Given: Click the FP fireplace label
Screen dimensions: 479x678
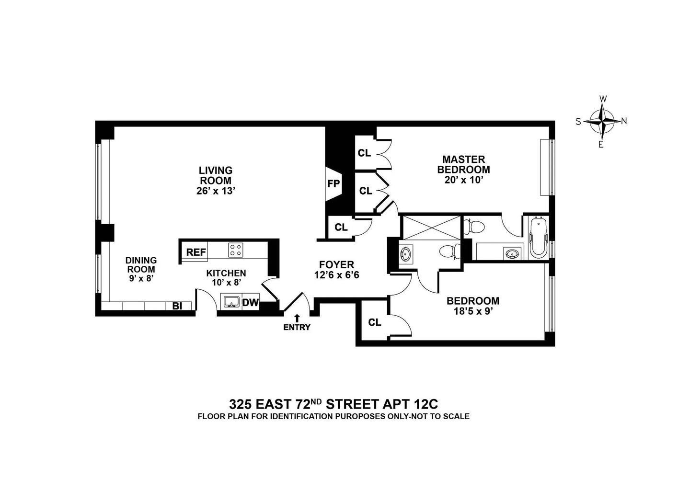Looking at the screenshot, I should (x=333, y=184).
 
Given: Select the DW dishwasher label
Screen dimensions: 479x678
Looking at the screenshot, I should (x=250, y=303).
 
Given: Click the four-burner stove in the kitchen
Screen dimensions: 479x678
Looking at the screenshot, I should (x=235, y=250).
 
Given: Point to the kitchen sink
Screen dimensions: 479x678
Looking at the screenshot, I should (x=232, y=302).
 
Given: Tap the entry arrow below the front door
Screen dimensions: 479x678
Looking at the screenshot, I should (x=297, y=318).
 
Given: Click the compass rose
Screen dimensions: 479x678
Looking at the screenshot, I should (x=602, y=121).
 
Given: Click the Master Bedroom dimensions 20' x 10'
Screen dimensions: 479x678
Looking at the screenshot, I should (x=463, y=180).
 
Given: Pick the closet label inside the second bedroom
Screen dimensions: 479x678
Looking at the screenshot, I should (x=375, y=322).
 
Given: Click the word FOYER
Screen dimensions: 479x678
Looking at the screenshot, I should (x=336, y=264).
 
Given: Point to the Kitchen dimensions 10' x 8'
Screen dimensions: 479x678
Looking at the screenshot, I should (x=226, y=283).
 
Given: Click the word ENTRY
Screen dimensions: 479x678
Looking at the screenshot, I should (x=297, y=328).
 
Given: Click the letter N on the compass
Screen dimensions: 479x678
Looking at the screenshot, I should (x=624, y=121).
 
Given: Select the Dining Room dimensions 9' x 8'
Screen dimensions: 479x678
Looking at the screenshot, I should (x=141, y=278).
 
